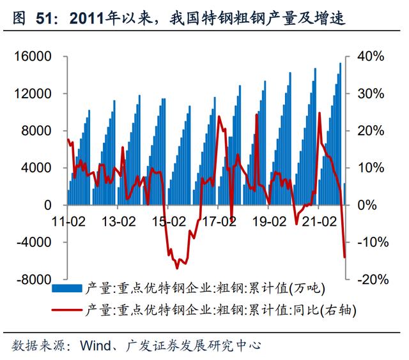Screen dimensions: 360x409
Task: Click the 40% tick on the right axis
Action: tap(371, 57)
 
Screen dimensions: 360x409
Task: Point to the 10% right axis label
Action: tap(371, 169)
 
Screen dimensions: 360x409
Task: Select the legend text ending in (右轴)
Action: tap(219, 311)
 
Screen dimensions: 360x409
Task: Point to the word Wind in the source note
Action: tap(95, 346)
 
